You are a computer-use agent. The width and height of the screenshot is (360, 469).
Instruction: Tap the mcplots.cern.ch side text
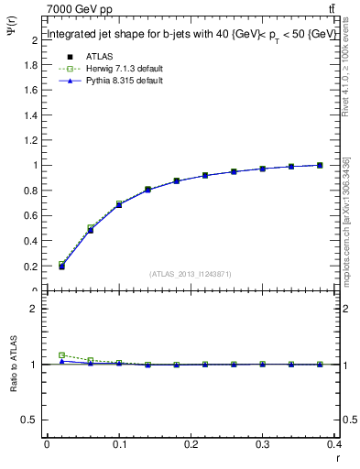(x=346, y=220)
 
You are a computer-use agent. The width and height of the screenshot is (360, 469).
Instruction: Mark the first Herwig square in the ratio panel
(x=61, y=355)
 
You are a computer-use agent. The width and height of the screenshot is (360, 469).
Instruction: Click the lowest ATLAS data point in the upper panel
(x=61, y=267)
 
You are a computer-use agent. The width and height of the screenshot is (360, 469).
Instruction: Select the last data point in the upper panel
(x=320, y=165)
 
